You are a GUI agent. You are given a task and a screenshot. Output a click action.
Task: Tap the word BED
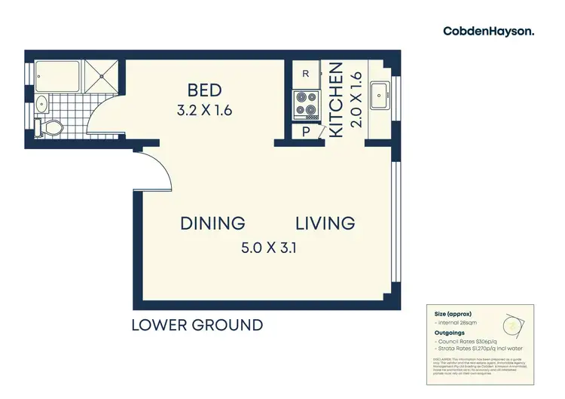point(204,90)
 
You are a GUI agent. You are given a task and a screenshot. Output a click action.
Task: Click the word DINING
point(213,223)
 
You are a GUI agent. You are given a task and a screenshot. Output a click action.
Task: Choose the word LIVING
point(325,223)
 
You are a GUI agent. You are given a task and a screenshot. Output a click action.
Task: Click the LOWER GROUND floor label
point(197,325)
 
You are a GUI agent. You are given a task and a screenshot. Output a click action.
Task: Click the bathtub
point(56,77)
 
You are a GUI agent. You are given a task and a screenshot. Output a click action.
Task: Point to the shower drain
point(102,75)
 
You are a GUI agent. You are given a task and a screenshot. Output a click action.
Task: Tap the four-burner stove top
point(305,105)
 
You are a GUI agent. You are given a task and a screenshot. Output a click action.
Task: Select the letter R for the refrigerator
point(305,74)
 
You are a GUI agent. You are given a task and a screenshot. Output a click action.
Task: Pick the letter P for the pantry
point(305,131)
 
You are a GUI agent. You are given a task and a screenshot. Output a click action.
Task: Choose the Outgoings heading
point(448,332)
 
